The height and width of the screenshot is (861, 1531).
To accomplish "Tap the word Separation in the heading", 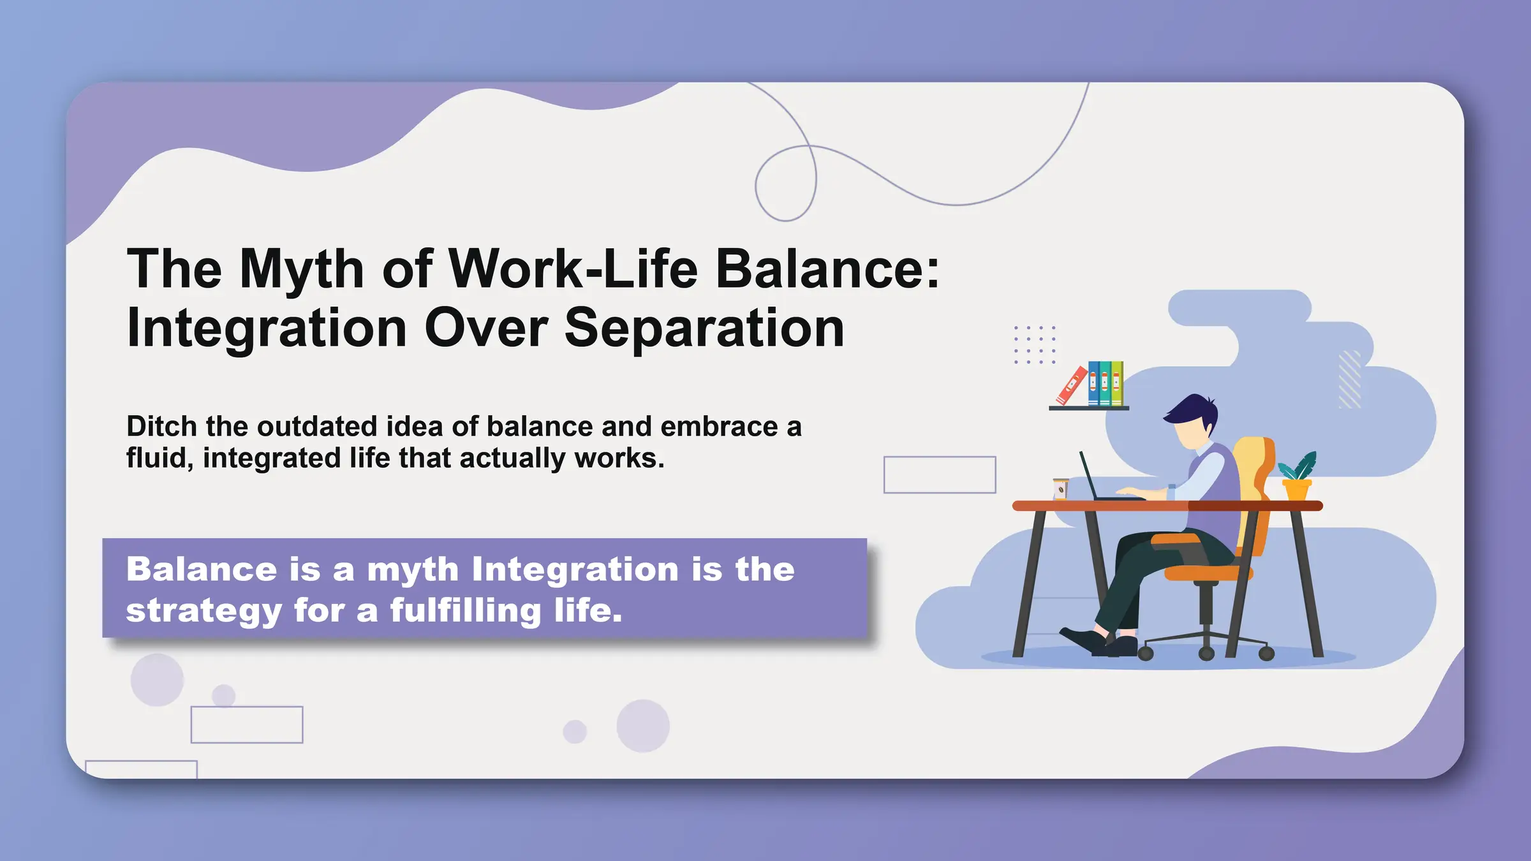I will [x=704, y=328].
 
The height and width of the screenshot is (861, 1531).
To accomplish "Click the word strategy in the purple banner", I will [x=204, y=611].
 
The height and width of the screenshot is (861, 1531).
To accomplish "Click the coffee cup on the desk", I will [x=1060, y=489].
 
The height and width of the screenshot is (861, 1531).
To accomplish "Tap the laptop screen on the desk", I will [x=1088, y=476].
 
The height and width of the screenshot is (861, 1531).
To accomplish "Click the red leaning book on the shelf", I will [x=1071, y=386].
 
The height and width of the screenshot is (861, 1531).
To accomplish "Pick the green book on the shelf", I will [x=1117, y=383].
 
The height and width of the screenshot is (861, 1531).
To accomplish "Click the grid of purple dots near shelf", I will [x=1035, y=344].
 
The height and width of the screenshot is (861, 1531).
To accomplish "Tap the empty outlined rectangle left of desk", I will [x=939, y=475].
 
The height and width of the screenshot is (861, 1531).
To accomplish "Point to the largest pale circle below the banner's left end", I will [x=157, y=680].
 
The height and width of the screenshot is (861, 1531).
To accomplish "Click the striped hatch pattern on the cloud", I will [x=1349, y=379].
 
